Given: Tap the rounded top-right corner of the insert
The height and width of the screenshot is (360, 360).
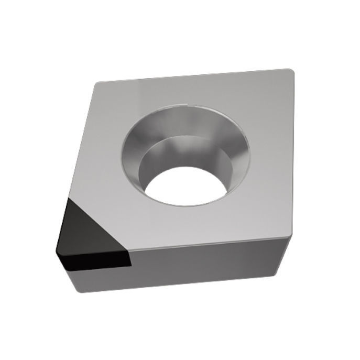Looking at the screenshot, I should click(287, 72).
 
